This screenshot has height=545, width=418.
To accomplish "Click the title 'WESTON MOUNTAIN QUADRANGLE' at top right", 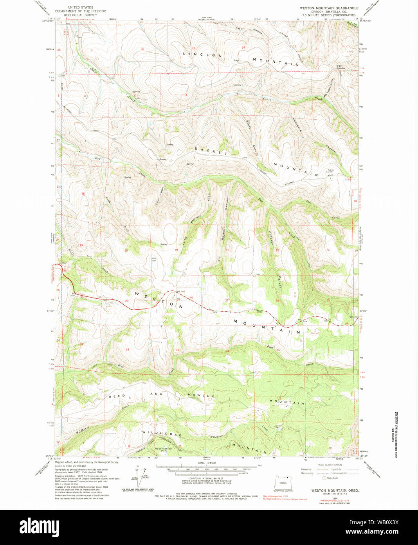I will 329,8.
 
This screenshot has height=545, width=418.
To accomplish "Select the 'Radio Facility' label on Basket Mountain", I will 330,171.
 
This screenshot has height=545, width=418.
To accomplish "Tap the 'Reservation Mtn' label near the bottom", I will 163,449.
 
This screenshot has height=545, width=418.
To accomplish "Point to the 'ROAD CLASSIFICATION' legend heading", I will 330,465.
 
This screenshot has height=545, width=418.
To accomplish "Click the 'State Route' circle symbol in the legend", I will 324,478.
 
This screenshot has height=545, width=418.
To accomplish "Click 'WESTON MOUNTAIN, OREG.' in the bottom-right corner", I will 335,490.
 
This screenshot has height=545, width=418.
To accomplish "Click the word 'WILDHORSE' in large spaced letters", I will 162,434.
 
